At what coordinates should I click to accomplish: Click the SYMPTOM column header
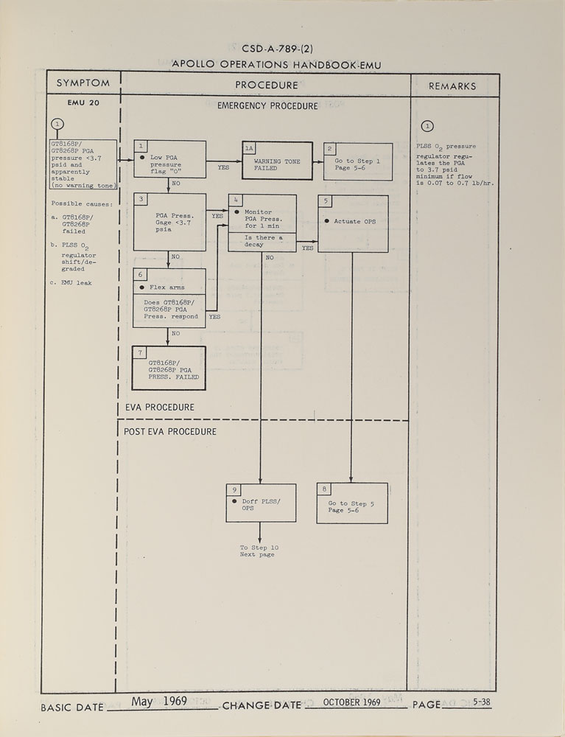[x=83, y=84]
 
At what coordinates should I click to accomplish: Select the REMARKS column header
[x=452, y=85]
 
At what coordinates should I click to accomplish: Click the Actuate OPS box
[x=352, y=223]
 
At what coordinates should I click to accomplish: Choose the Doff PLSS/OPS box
[x=262, y=503]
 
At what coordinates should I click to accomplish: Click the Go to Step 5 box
[x=351, y=503]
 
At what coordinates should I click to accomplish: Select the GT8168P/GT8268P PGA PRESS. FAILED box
[x=169, y=368]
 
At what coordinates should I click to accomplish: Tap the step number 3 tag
[x=141, y=200]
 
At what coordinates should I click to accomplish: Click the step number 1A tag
[x=249, y=147]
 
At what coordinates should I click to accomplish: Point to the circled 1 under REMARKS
[x=428, y=125]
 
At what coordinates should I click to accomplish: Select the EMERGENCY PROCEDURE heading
[x=267, y=106]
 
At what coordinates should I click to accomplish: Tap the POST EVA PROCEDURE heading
[x=169, y=431]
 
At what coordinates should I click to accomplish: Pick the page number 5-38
[x=482, y=702]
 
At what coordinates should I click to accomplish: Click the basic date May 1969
[x=159, y=701]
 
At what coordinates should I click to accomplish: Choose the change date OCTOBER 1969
[x=351, y=702]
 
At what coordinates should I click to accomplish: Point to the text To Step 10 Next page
[x=259, y=551]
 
